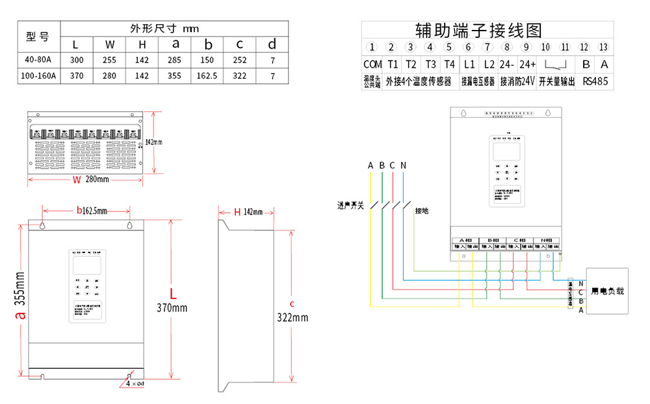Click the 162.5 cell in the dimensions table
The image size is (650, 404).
[x=208, y=76]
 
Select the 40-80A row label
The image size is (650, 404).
[x=38, y=60]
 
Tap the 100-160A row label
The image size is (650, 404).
[x=38, y=76]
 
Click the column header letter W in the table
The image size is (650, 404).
[x=110, y=44]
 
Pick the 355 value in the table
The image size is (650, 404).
[x=175, y=76]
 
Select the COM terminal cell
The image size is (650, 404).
[x=372, y=64]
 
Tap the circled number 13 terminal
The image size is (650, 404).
[x=604, y=47]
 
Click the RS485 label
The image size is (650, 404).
[x=595, y=82]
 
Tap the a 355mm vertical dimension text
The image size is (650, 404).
[x=20, y=299]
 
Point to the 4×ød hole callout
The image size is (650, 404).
[x=133, y=384]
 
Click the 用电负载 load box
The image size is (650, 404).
[x=607, y=291]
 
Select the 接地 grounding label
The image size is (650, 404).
[x=422, y=211]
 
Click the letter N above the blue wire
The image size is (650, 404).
[x=403, y=165]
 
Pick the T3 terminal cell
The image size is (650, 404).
[x=430, y=64]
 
